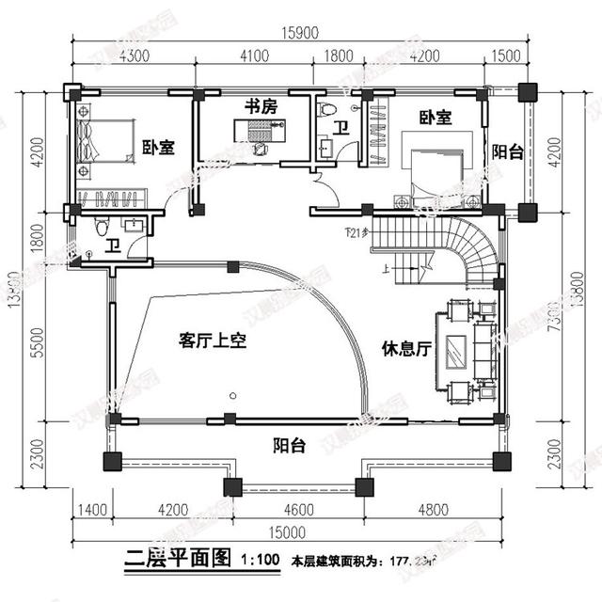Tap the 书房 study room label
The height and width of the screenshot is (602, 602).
click(x=261, y=107)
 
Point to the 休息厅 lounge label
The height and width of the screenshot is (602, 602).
click(x=405, y=348)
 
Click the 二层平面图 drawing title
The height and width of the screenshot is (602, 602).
click(x=177, y=557)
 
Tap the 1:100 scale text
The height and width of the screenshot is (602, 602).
click(x=259, y=559)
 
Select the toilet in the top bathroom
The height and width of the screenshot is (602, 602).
click(x=326, y=110)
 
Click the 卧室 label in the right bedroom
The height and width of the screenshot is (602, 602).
click(x=436, y=118)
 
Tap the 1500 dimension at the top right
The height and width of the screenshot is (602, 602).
click(x=506, y=55)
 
